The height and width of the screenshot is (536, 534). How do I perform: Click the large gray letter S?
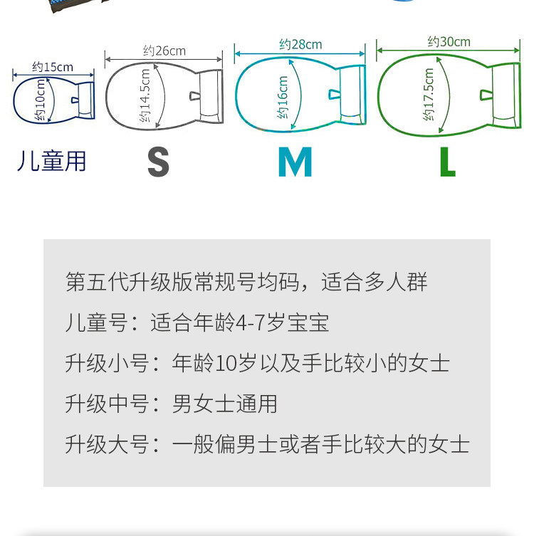click(x=158, y=162)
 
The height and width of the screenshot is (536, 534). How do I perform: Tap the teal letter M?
click(x=295, y=162)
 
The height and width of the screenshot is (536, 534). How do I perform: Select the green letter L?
click(x=448, y=162)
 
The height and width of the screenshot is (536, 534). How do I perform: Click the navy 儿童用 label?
click(x=51, y=161)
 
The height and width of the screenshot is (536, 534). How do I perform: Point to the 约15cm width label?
click(x=53, y=67)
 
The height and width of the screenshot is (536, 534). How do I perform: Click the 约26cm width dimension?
click(x=164, y=51)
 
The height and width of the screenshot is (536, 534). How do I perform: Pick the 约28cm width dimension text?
click(x=300, y=44)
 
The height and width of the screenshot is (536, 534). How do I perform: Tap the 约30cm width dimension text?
click(x=449, y=42)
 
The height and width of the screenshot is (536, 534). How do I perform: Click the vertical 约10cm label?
click(x=40, y=100)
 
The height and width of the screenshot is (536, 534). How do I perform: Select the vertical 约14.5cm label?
click(x=145, y=95)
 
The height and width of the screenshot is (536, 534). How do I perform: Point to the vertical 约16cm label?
click(x=283, y=98)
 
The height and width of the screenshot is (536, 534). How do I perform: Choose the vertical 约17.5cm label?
click(x=428, y=95)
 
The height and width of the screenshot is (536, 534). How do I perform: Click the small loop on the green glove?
click(x=486, y=95)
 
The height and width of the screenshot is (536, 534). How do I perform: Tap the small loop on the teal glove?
click(x=335, y=95)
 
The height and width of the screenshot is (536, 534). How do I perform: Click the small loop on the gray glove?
click(x=195, y=96)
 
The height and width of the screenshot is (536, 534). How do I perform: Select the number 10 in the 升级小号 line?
click(x=225, y=363)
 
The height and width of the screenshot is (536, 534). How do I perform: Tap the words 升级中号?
click(x=107, y=404)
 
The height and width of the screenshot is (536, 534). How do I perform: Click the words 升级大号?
click(x=107, y=444)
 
